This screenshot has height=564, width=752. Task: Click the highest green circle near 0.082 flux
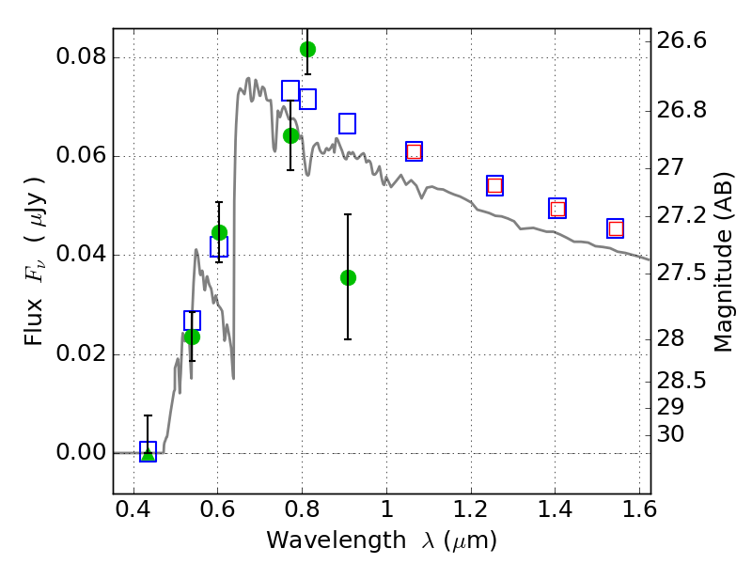(307, 49)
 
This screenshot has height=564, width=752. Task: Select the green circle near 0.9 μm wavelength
(348, 277)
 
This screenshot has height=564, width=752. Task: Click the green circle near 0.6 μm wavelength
(219, 232)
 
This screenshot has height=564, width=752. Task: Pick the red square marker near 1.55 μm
(616, 228)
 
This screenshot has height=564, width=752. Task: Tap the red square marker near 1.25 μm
(494, 185)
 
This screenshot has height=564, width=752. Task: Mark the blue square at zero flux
(148, 451)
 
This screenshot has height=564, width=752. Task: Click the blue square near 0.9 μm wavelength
(347, 123)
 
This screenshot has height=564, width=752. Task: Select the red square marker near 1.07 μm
(414, 151)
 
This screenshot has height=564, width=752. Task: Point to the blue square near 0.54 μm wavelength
(192, 321)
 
